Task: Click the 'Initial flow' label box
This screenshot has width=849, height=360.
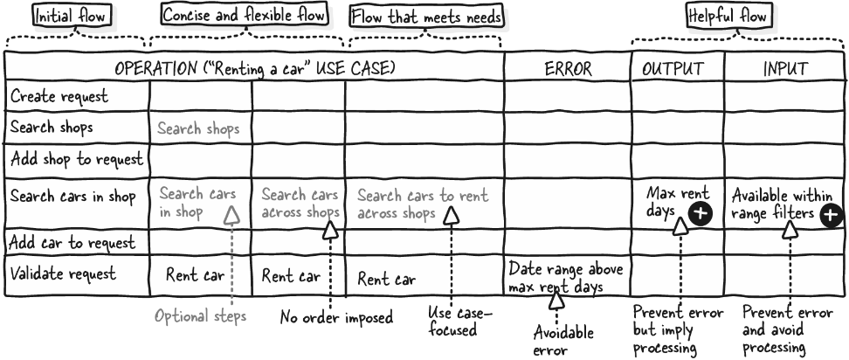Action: (72, 16)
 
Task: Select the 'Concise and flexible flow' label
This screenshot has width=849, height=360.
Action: (245, 15)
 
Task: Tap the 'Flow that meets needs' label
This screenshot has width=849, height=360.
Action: (426, 17)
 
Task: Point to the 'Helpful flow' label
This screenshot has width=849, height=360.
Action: (728, 16)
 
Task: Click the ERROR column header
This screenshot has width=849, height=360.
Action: (568, 69)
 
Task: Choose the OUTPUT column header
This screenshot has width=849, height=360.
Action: (673, 69)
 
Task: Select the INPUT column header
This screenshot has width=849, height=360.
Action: (785, 69)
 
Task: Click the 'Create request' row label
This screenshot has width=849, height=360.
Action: (59, 97)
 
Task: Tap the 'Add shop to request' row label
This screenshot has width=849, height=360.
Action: (77, 159)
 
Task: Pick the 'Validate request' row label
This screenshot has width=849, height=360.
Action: (64, 273)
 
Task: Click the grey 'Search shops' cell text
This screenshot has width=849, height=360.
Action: (199, 128)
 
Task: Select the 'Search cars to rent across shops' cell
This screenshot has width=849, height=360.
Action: (423, 204)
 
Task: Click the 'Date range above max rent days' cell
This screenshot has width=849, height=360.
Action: (565, 277)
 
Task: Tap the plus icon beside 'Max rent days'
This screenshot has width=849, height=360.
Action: (701, 213)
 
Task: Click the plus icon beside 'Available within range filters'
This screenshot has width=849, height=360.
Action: (832, 216)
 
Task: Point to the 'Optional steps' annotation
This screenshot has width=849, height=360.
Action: (200, 315)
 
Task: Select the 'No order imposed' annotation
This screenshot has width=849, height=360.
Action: (336, 316)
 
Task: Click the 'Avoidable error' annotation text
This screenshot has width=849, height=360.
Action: (563, 341)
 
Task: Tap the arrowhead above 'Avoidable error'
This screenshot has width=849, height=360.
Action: (556, 300)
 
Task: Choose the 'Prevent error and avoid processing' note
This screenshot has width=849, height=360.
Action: (787, 329)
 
